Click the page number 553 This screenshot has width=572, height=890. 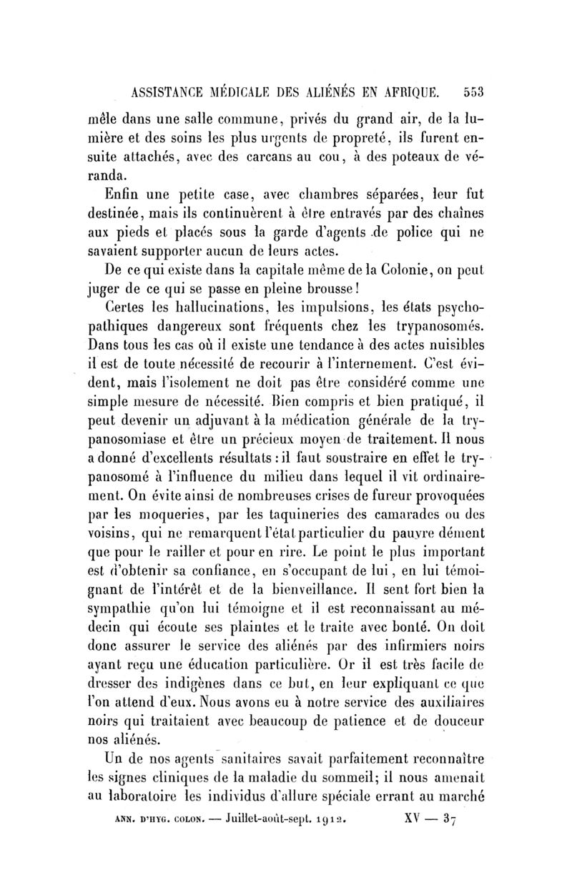(x=474, y=92)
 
